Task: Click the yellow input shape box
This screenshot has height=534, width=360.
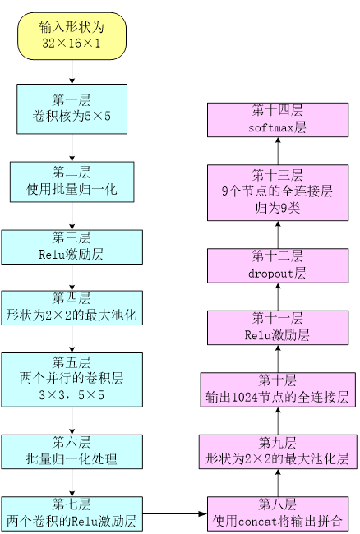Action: [x=72, y=36]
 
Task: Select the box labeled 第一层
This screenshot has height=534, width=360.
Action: [x=72, y=109]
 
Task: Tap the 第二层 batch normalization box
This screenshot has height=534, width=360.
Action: [x=72, y=182]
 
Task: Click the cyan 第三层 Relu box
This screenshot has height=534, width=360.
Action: [x=72, y=247]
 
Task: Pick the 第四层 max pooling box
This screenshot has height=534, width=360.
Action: [x=72, y=308]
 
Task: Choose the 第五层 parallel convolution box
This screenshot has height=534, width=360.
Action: [x=72, y=380]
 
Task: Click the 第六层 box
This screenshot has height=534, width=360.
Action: [x=72, y=452]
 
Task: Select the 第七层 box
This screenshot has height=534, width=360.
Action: [x=72, y=514]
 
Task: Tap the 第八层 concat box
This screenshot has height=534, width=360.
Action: [x=278, y=514]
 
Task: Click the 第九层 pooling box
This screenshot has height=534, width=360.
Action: [x=278, y=452]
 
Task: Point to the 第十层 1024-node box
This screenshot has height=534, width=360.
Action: [x=278, y=389]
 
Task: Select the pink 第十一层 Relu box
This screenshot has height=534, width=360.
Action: [x=278, y=328]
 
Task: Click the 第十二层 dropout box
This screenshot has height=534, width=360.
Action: [x=278, y=265]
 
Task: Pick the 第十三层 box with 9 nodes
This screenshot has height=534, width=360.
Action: [x=278, y=193]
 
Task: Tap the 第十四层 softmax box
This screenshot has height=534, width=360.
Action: [x=278, y=120]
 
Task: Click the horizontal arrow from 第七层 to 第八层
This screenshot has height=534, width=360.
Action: [x=175, y=514]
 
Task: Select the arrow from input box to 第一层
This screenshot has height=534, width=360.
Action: [x=72, y=71]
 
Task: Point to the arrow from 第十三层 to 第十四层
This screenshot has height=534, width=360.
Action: [x=278, y=151]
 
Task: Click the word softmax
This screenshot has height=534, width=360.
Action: [x=271, y=128]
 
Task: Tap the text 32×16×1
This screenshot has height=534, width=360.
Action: [x=72, y=44]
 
